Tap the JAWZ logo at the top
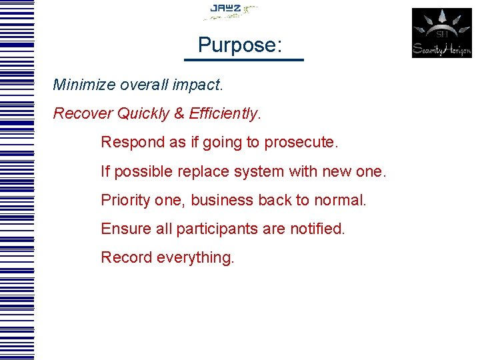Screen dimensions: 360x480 230,11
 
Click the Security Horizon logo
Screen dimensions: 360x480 441,33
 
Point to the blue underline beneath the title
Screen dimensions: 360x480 243,60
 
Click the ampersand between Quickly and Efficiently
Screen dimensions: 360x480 179,113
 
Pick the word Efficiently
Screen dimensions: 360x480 224,114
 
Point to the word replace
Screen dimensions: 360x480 203,172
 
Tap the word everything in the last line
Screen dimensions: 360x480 195,258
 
